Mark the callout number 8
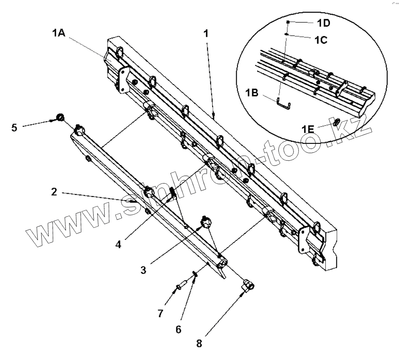point(199,344)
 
